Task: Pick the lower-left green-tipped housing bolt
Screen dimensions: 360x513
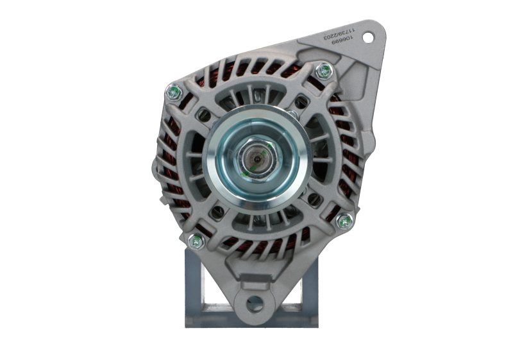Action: [x=194, y=241]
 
